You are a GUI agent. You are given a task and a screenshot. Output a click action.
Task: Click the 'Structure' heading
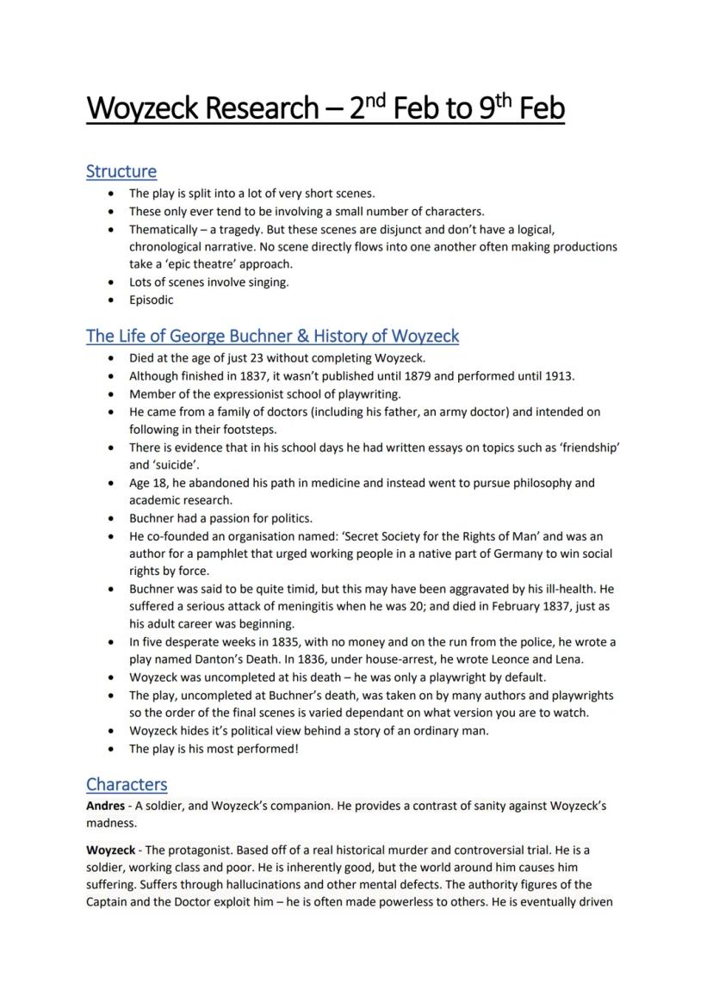pos(121,171)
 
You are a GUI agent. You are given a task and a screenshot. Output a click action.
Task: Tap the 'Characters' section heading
pos(127,784)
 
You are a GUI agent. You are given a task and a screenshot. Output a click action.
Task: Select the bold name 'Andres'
pos(105,807)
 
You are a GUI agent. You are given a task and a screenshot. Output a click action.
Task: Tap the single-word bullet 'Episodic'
pos(152,300)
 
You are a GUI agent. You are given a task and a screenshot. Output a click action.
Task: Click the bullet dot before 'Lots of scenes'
pos(111,282)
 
